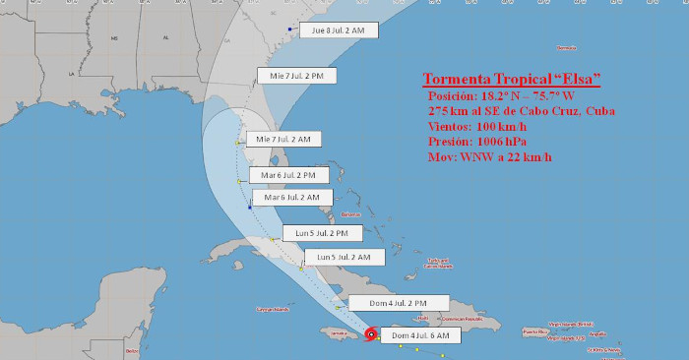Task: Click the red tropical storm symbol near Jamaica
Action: tap(370, 335)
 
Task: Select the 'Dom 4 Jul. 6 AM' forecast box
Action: tap(420, 335)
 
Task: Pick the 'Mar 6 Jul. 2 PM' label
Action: tap(288, 175)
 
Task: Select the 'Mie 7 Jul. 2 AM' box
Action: tap(283, 140)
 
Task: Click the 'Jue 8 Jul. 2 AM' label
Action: tap(338, 30)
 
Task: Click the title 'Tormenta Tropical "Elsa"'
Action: tap(512, 79)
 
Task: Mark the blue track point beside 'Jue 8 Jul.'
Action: tap(289, 30)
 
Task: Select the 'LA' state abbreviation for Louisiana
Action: tap(71, 74)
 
